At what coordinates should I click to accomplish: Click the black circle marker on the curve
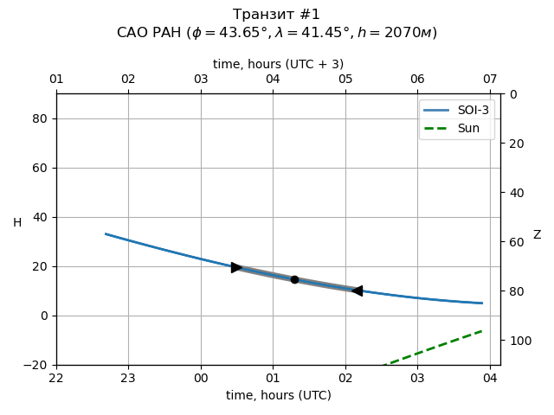pyautogui.click(x=294, y=279)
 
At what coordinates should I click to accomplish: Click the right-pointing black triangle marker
pyautogui.click(x=236, y=267)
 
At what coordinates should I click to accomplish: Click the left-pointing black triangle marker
pyautogui.click(x=357, y=290)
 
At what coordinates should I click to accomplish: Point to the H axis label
pyautogui.click(x=17, y=223)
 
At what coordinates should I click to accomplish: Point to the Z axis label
pyautogui.click(x=537, y=235)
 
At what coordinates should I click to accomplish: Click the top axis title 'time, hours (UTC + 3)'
pyautogui.click(x=278, y=64)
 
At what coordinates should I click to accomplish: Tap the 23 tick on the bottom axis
pyautogui.click(x=128, y=378)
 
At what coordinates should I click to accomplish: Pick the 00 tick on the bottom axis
pyautogui.click(x=201, y=378)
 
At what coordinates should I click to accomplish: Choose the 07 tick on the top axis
pyautogui.click(x=490, y=80)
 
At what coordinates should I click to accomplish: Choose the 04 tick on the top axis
pyautogui.click(x=273, y=80)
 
